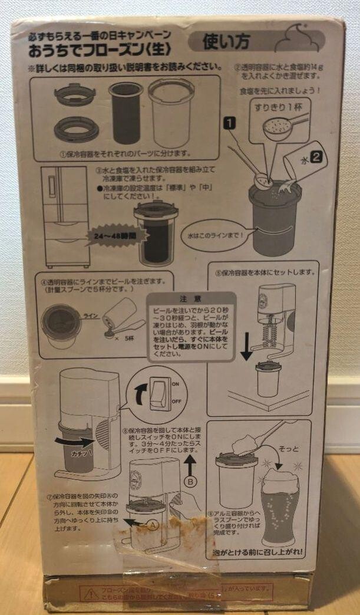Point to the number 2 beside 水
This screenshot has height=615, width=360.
pyautogui.click(x=316, y=157)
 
